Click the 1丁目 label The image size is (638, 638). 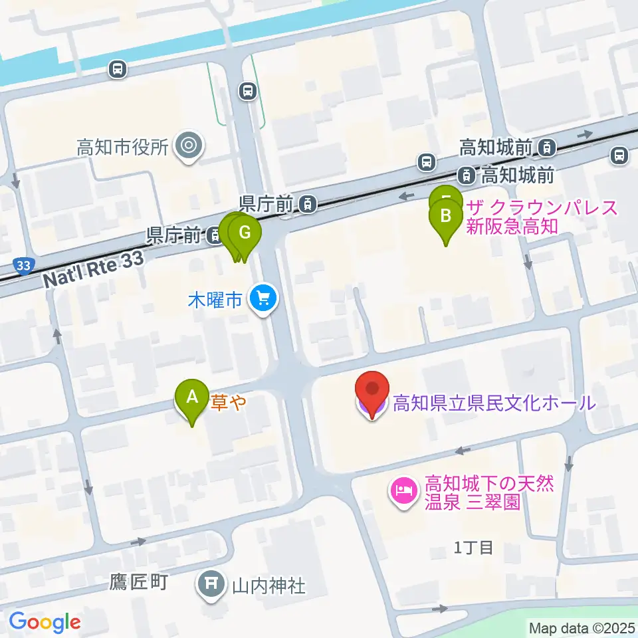[473, 548]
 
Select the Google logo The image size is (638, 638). [45, 622]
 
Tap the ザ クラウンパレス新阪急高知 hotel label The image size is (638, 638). [511, 217]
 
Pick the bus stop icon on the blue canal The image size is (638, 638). [118, 68]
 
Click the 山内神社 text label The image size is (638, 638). [268, 585]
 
